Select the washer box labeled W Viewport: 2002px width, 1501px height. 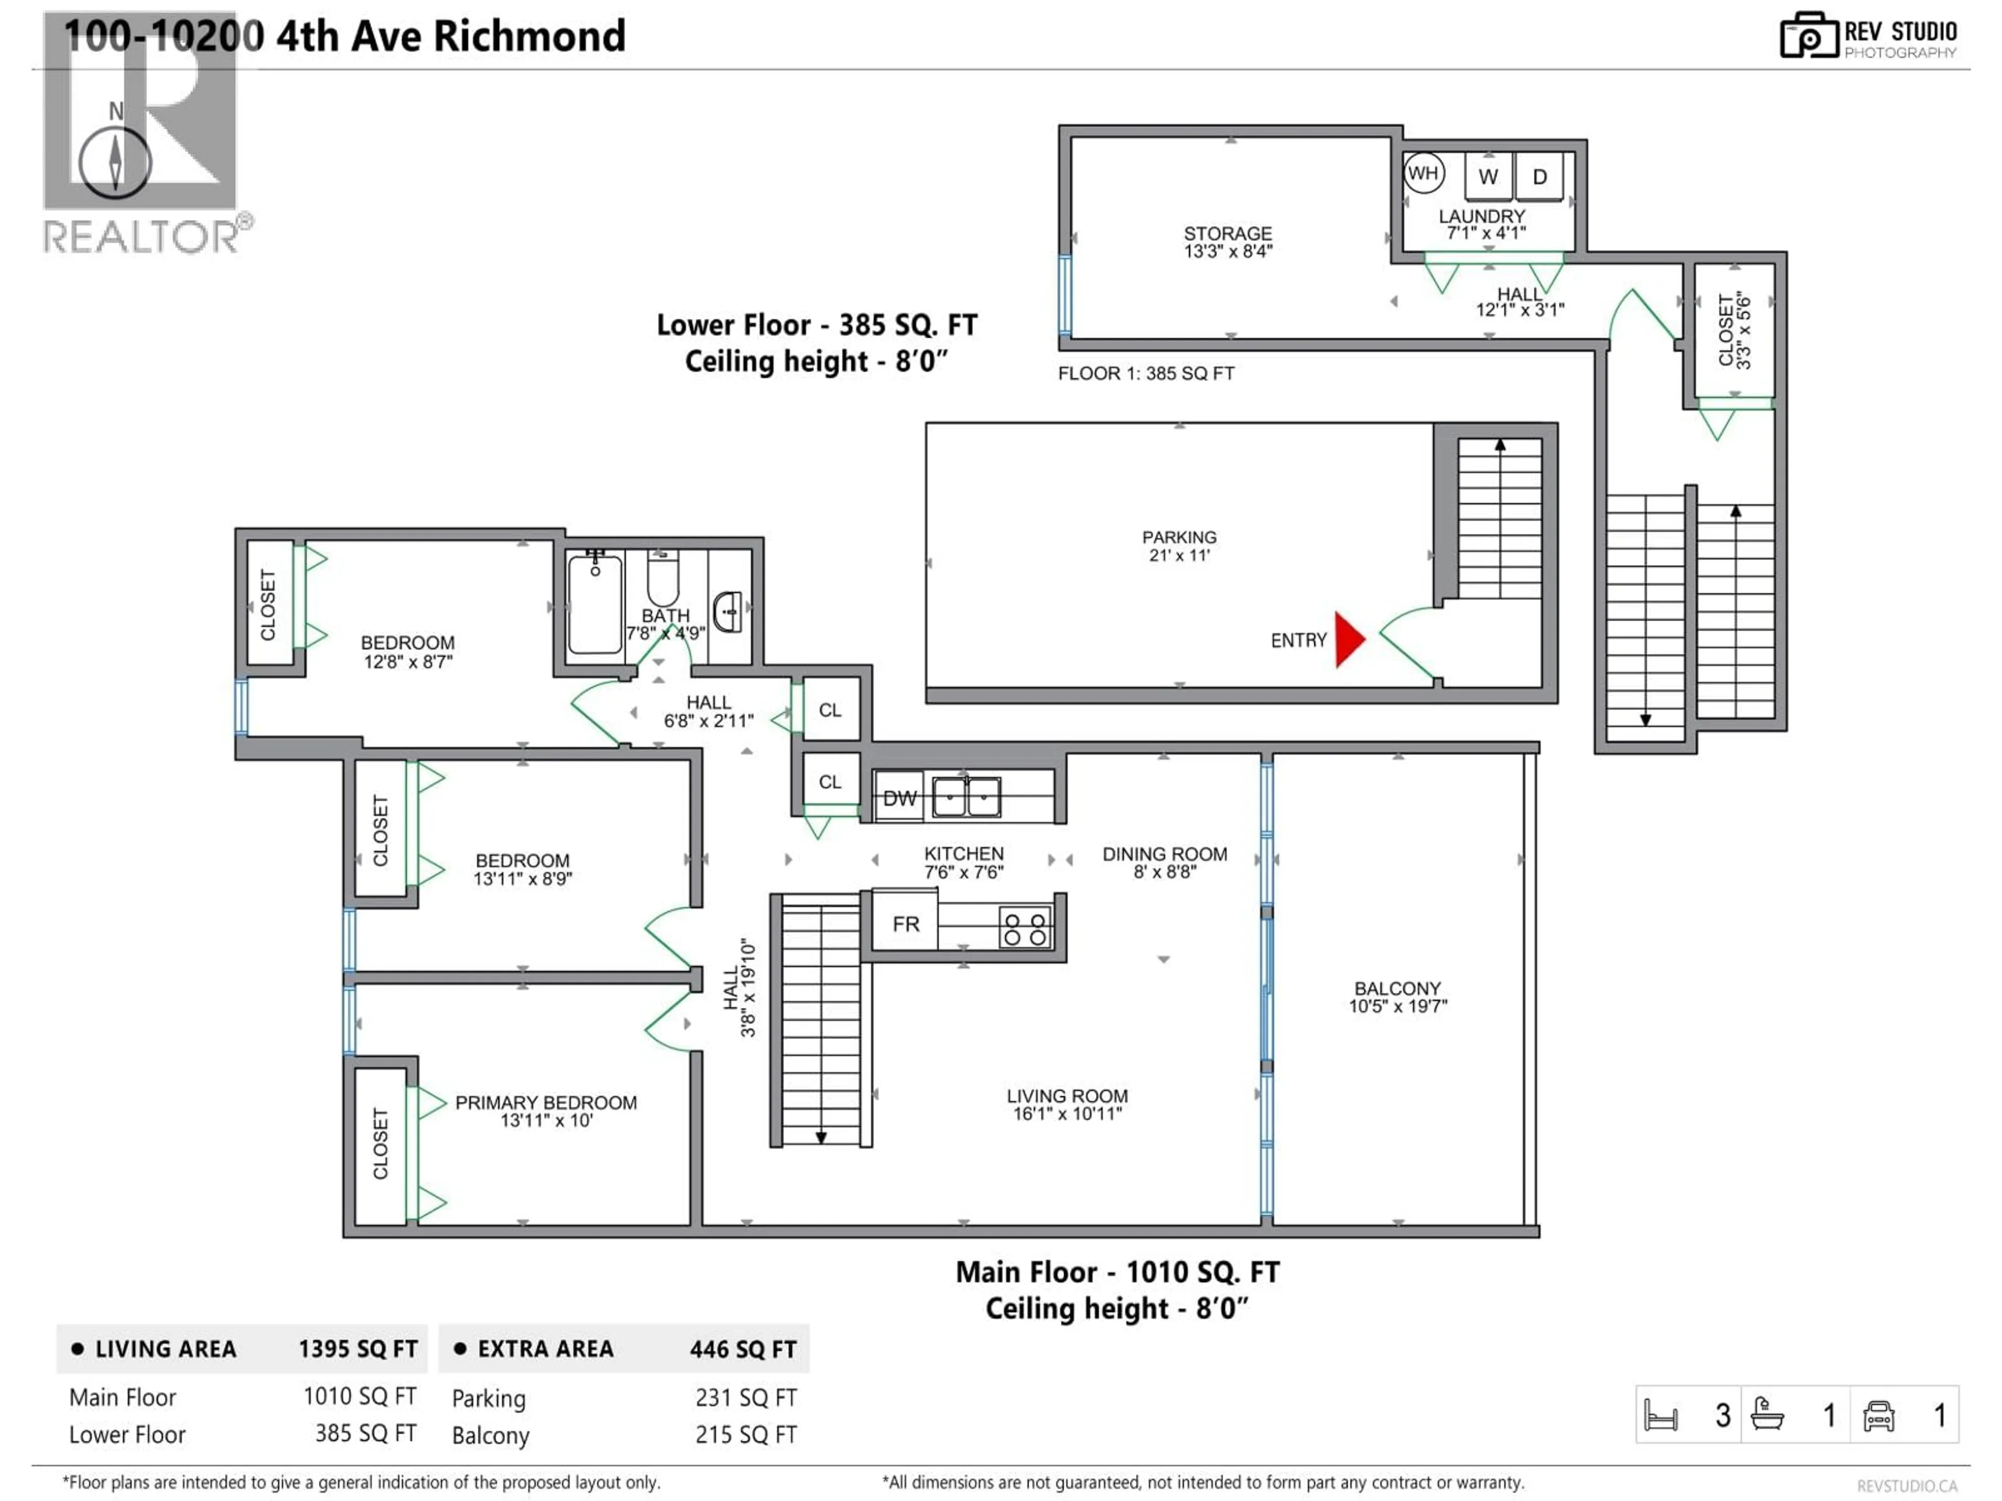click(x=1488, y=177)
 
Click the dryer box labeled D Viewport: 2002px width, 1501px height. click(x=1540, y=177)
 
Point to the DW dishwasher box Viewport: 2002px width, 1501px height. click(x=899, y=797)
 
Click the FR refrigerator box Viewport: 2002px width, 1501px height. click(x=905, y=924)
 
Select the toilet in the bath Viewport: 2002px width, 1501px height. click(x=663, y=579)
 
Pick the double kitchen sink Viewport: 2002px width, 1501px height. click(x=967, y=797)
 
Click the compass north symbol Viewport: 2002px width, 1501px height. click(x=115, y=161)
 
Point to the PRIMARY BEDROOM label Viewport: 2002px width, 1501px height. click(x=546, y=1102)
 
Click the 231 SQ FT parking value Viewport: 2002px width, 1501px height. click(x=746, y=1398)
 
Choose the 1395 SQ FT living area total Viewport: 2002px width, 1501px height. click(x=358, y=1349)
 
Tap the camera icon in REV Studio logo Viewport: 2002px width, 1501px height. click(x=1808, y=36)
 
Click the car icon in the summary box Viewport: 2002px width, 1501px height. click(x=1879, y=1416)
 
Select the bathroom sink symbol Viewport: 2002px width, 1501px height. click(x=728, y=612)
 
